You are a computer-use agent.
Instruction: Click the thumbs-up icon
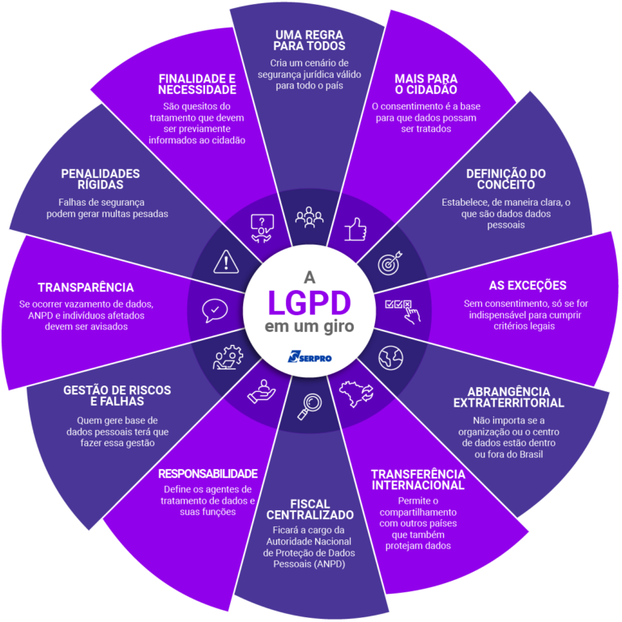coord(355,230)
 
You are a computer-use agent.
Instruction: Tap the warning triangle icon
coord(225,262)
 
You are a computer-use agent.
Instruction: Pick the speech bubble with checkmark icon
coord(215,310)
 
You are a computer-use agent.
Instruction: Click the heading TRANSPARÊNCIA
coord(86,287)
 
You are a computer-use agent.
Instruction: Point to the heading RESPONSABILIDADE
coord(208,473)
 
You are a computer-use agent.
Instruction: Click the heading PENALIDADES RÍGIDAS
coord(100,179)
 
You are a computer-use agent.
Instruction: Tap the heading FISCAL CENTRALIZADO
coord(309,509)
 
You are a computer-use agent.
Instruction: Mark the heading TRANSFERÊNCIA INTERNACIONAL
coord(417,479)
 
